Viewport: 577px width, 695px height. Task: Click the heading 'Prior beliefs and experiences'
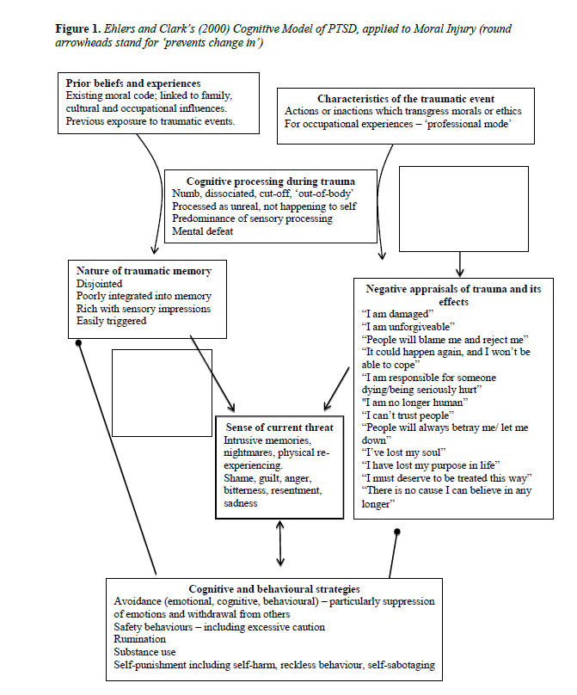coord(133,83)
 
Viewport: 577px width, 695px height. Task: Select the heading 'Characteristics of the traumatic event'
coord(406,99)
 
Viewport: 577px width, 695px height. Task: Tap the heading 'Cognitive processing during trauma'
coord(270,181)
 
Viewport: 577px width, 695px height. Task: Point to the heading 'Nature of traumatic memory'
coord(144,271)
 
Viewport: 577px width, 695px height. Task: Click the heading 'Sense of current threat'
coord(279,427)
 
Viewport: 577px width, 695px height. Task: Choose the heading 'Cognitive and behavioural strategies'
coord(273,589)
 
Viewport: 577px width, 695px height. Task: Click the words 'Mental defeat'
coord(202,231)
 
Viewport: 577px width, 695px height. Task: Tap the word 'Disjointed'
coord(99,284)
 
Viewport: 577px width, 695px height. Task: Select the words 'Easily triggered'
coord(111,321)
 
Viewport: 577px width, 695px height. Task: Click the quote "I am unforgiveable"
coord(408,327)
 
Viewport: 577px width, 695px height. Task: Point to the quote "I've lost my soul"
coord(403,452)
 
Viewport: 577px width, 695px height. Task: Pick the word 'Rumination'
coord(139,639)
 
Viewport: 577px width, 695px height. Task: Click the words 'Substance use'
coord(144,652)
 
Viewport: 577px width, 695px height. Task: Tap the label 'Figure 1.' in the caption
coord(78,29)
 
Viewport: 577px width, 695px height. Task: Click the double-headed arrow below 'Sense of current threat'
coord(280,544)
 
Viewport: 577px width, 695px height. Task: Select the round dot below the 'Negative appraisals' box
coord(397,532)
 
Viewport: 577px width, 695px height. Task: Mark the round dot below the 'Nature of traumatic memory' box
coord(78,343)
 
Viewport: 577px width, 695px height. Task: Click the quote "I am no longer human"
coord(414,403)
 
